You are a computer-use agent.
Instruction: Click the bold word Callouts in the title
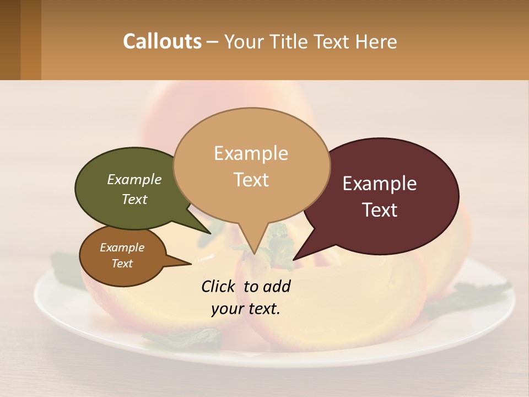pos(162,41)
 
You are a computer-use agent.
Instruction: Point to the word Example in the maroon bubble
pos(380,184)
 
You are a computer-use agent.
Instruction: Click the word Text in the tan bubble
pos(251,180)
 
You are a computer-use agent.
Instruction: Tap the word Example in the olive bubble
pos(134,180)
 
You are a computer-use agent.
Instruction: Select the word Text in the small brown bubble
pos(122,264)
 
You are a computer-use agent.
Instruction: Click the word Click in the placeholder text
pos(219,286)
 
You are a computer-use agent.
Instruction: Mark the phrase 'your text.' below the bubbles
pos(246,309)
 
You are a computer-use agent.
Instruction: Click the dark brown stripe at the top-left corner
pos(10,40)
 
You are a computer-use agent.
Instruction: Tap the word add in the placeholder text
pos(277,286)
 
